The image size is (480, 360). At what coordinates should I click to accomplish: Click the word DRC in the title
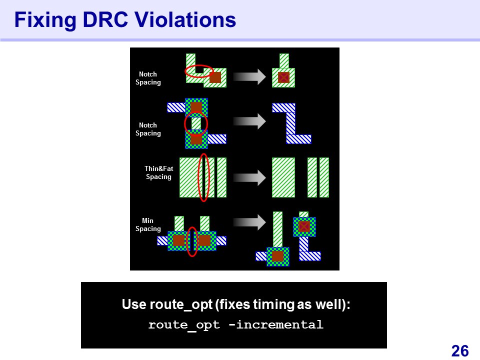coord(105,20)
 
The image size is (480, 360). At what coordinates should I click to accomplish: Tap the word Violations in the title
coord(185,20)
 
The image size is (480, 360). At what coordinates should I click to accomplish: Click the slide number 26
coord(460,351)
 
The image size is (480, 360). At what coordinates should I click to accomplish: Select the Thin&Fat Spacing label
coord(158,172)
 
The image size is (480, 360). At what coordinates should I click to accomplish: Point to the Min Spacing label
coord(148,224)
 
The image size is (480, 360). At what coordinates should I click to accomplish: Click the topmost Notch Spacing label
coord(148,78)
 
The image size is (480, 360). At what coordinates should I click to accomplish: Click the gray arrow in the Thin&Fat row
coord(249,178)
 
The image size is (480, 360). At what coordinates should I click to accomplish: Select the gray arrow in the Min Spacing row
coord(249,222)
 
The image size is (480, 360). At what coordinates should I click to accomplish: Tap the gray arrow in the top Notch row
coord(249,76)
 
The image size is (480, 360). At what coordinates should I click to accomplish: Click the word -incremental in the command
coord(276,324)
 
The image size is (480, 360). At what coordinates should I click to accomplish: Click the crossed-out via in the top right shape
coord(283,77)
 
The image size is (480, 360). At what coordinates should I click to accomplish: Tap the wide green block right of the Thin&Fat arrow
coord(283,177)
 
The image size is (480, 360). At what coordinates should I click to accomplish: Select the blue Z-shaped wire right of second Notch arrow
coord(291,123)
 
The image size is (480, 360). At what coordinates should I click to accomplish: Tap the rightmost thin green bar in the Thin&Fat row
coord(324,177)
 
